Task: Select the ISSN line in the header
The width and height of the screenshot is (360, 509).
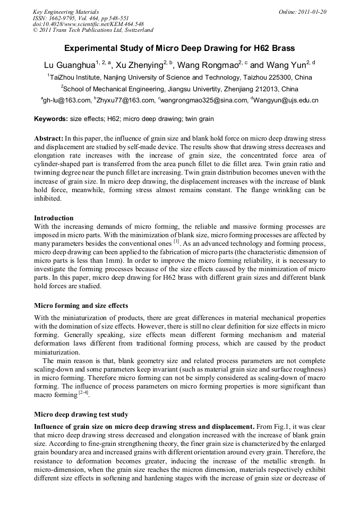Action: tap(80, 18)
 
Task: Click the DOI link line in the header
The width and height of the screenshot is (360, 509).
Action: tap(88, 24)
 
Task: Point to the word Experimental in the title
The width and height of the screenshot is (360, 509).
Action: tap(90, 48)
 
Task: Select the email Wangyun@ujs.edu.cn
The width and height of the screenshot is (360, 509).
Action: tap(285, 100)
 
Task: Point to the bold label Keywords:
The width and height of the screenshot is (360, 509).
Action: tap(51, 119)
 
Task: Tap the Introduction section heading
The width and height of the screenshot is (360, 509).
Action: tap(54, 218)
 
